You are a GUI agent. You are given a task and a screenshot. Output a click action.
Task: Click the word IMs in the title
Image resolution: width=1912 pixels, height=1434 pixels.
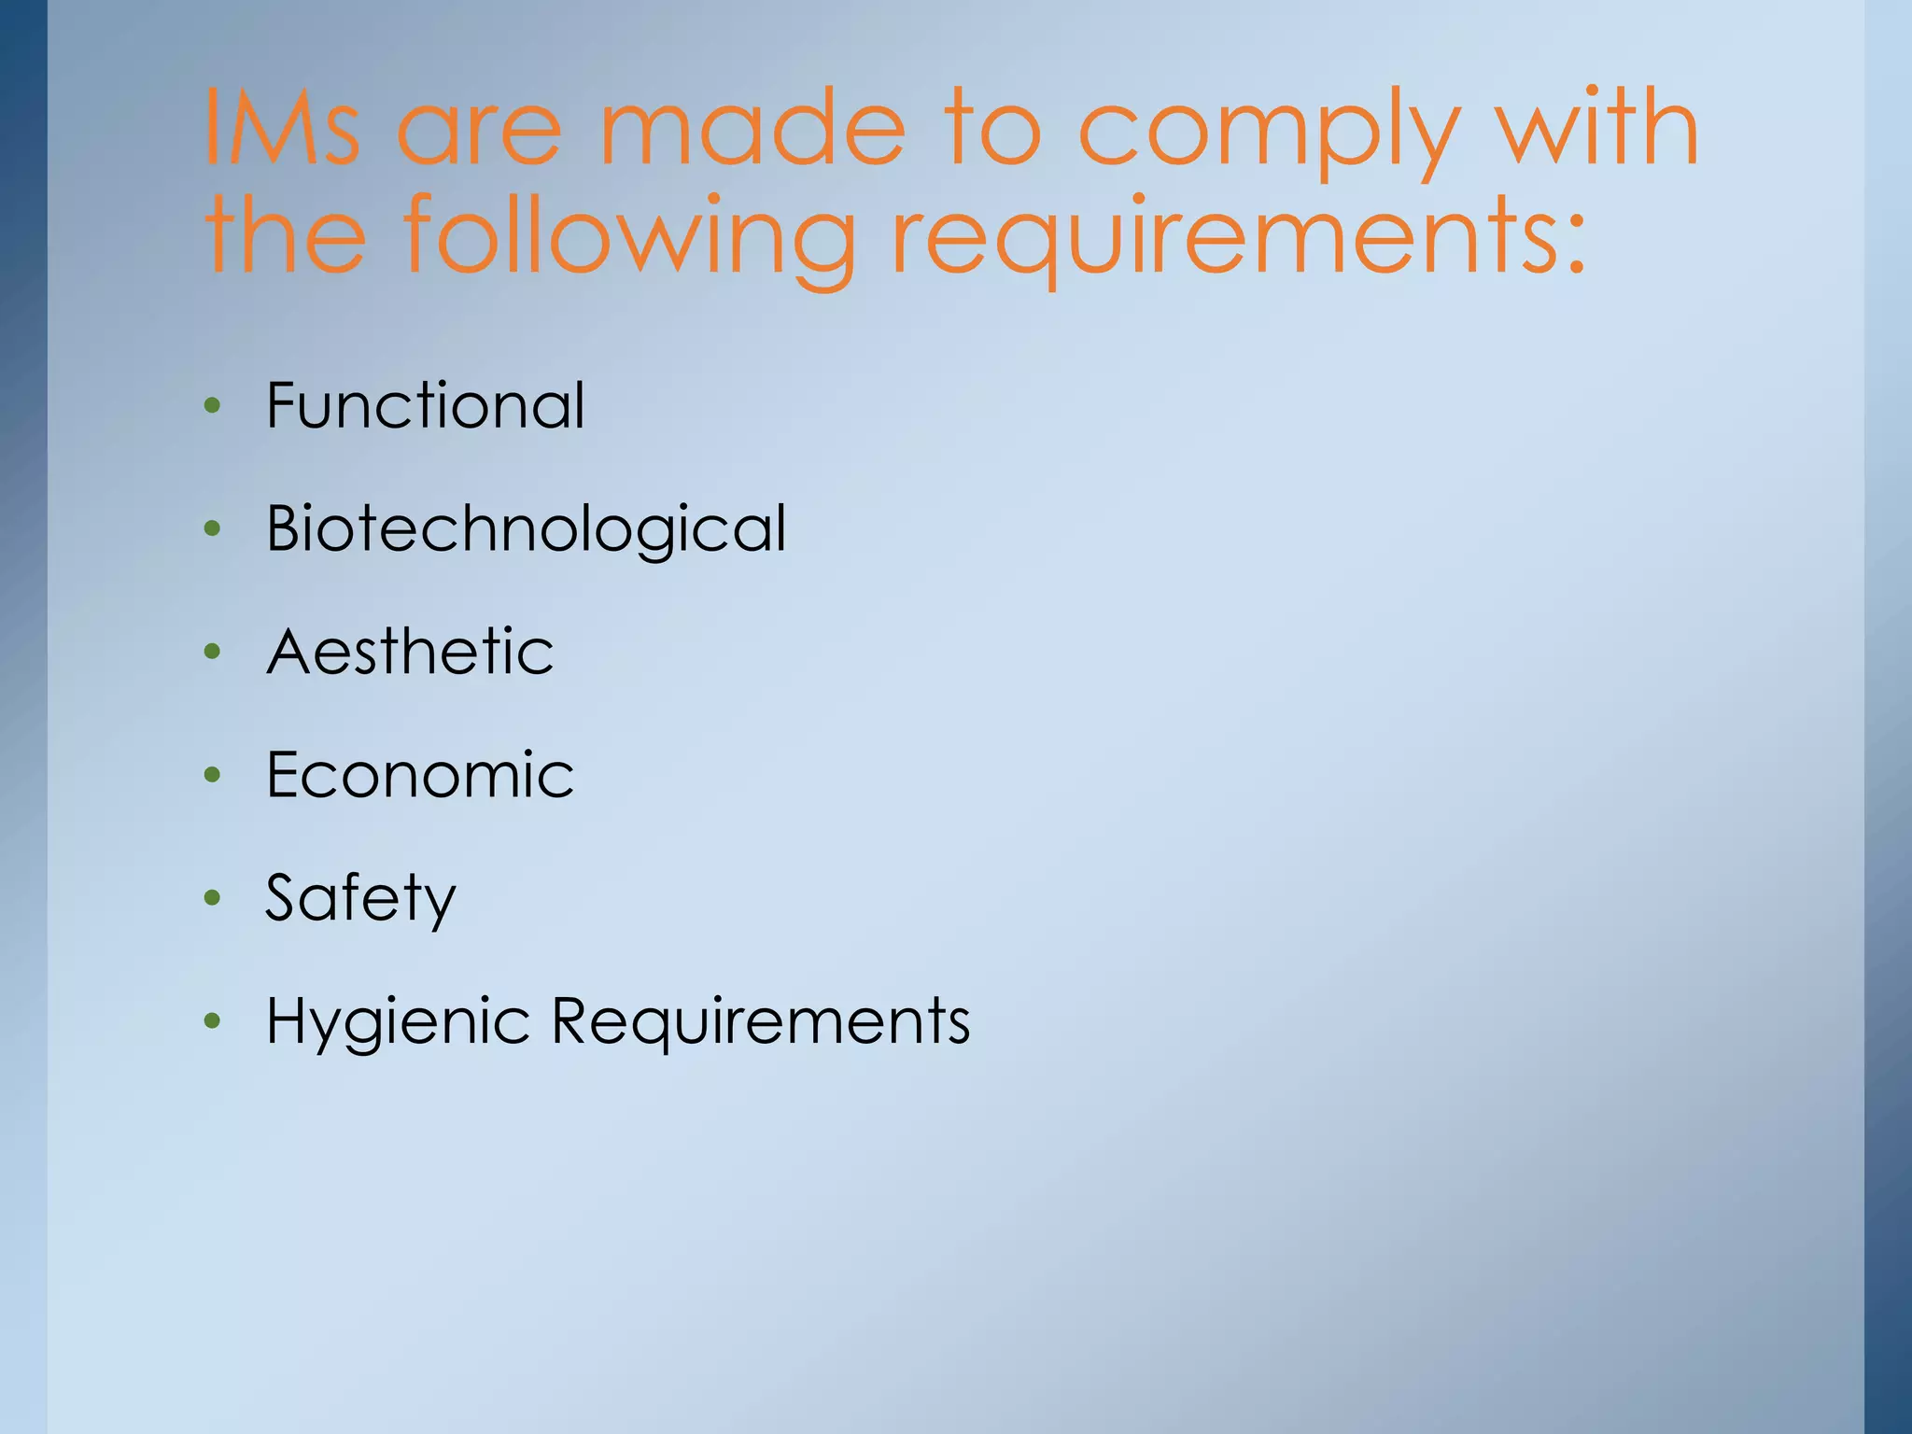click(281, 127)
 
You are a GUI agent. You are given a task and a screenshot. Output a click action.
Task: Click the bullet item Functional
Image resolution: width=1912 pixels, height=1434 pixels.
click(426, 405)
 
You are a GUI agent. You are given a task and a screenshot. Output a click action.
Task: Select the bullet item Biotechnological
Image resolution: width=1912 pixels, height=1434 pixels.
click(527, 528)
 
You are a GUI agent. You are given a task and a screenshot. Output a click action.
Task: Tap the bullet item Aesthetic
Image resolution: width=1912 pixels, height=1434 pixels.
click(410, 651)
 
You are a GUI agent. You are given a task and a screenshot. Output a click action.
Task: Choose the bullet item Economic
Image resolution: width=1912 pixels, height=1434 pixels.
click(420, 774)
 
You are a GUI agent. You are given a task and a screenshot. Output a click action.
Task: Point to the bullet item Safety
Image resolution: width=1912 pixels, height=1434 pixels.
click(360, 898)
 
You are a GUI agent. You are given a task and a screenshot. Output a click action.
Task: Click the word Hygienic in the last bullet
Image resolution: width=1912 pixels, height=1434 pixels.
click(399, 1021)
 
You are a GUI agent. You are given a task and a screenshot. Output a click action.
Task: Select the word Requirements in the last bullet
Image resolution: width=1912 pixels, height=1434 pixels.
click(761, 1021)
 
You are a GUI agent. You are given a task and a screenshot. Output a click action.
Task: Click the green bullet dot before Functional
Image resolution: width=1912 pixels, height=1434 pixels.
click(213, 405)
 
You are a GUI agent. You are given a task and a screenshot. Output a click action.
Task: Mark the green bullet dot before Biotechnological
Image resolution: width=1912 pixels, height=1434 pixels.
click(213, 528)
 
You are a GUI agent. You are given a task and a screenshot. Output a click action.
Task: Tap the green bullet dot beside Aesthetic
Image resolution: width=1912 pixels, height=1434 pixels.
click(213, 652)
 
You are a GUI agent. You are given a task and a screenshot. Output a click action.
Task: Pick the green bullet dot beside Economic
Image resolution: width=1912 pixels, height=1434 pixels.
click(213, 775)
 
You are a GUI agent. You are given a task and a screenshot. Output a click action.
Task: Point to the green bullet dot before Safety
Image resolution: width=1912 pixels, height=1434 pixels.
click(213, 898)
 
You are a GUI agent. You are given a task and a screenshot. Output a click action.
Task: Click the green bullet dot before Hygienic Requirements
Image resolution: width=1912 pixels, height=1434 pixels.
click(213, 1021)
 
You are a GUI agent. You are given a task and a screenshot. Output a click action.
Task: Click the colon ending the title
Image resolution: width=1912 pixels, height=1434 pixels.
click(1576, 245)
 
